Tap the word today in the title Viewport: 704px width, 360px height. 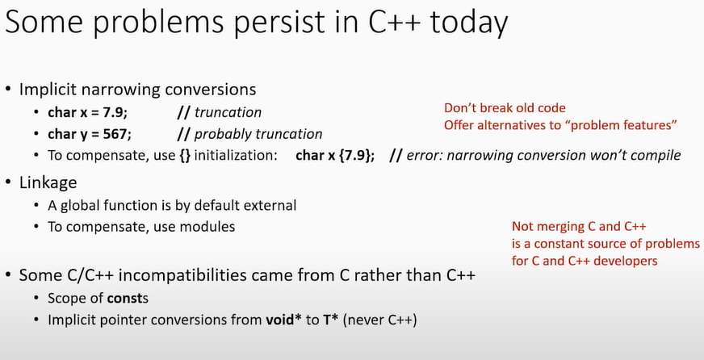click(x=469, y=23)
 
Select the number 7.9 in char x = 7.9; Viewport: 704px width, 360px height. click(x=115, y=112)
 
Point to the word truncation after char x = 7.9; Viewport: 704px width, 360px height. click(x=228, y=112)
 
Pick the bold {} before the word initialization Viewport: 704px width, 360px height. click(x=185, y=156)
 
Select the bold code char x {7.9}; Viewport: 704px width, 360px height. click(x=335, y=156)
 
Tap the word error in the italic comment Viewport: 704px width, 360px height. click(x=425, y=156)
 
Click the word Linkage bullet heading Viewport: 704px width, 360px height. click(x=48, y=182)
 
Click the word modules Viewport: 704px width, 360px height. click(x=207, y=227)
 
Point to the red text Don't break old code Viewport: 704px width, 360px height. click(x=505, y=108)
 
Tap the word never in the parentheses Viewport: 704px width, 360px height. click(x=366, y=320)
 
